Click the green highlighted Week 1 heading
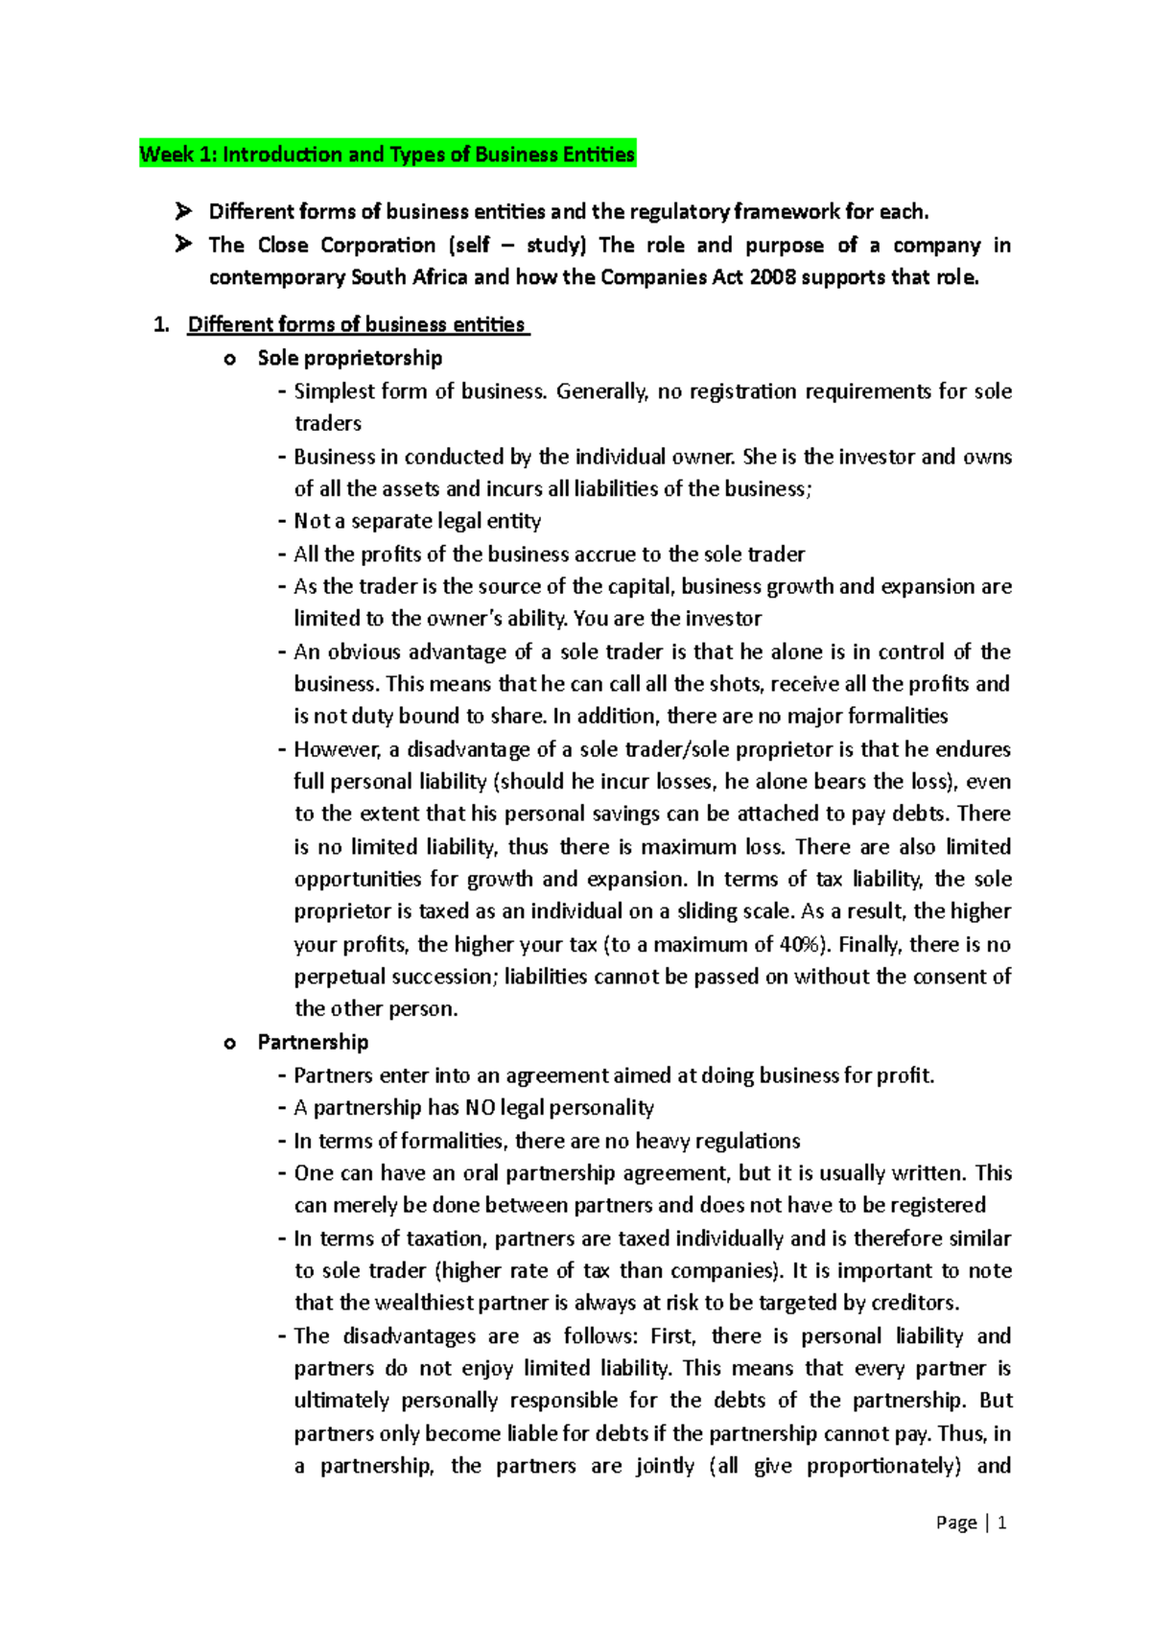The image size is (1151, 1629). click(x=388, y=154)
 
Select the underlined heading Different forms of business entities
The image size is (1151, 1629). click(x=357, y=324)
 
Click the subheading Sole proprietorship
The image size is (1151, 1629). click(x=349, y=358)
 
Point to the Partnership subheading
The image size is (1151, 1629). click(x=313, y=1042)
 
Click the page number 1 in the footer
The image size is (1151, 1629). click(x=1002, y=1523)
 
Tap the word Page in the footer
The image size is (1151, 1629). click(x=956, y=1523)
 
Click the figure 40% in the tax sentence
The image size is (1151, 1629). click(x=799, y=944)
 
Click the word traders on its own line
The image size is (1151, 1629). click(x=328, y=423)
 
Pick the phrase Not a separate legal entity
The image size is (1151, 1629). click(x=417, y=521)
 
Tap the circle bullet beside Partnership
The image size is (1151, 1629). click(x=228, y=1044)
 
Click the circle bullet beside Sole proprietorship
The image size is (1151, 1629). click(x=228, y=360)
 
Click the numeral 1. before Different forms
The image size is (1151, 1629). click(x=161, y=324)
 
